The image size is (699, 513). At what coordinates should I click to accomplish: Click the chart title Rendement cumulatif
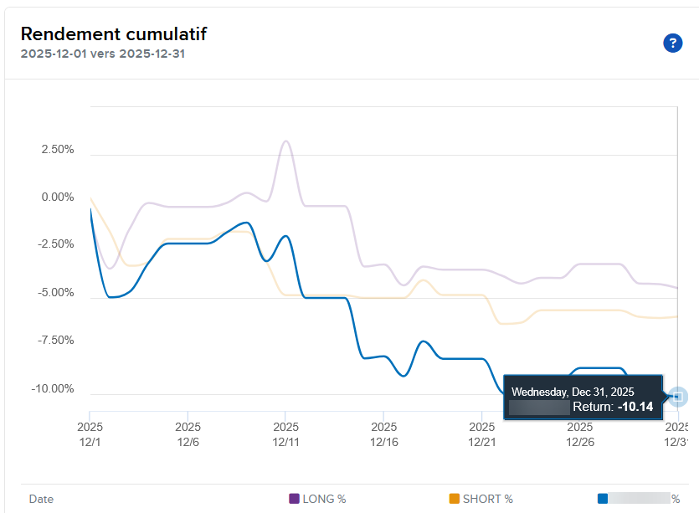point(113,34)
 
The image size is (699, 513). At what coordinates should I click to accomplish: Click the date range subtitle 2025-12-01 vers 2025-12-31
point(103,54)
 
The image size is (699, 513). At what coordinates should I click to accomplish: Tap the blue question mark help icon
point(672,44)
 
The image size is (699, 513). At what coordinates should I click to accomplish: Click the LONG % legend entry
point(317,499)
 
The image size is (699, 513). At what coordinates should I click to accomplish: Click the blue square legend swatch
point(603,499)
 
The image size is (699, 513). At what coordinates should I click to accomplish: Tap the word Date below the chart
point(41,499)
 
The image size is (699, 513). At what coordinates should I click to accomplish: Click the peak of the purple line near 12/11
point(285,141)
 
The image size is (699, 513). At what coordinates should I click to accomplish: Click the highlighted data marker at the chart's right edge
point(677,396)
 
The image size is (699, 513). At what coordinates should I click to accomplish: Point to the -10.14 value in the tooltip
point(635,407)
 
